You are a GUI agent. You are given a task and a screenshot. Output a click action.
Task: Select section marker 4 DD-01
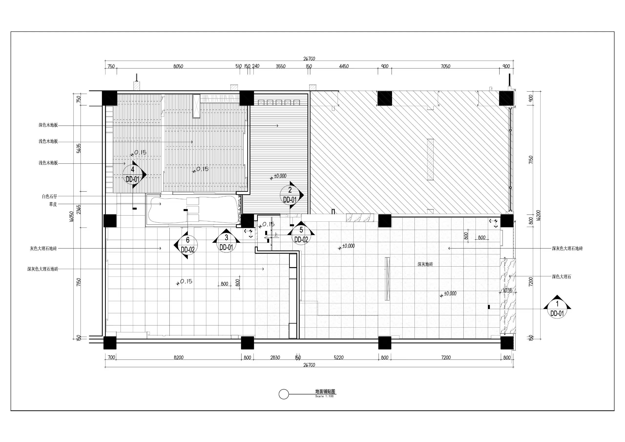(x=133, y=174)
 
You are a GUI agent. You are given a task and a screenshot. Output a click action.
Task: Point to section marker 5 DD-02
(x=301, y=234)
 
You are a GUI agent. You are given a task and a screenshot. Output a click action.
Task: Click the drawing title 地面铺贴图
(x=325, y=391)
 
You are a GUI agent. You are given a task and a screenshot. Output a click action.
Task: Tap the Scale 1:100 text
(x=324, y=396)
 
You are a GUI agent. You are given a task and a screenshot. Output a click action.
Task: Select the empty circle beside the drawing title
(x=284, y=394)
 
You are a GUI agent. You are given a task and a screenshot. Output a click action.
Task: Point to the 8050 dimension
(x=178, y=66)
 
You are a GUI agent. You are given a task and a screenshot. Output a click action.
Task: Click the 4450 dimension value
(x=344, y=66)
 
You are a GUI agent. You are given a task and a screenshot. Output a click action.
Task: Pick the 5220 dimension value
(x=339, y=357)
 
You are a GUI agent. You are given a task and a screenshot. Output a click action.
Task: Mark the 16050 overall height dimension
(x=71, y=217)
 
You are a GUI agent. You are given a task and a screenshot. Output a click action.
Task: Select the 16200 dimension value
(x=538, y=215)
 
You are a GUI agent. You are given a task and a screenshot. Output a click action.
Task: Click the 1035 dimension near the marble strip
(x=507, y=290)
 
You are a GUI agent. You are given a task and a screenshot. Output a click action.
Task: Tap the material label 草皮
(x=53, y=204)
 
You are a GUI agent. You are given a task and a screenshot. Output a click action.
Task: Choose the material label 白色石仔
(x=50, y=196)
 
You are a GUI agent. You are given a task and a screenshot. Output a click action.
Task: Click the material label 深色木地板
(x=48, y=125)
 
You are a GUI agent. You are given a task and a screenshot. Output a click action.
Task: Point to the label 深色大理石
(x=562, y=277)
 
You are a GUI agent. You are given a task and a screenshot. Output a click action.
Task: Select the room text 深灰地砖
(x=425, y=264)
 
